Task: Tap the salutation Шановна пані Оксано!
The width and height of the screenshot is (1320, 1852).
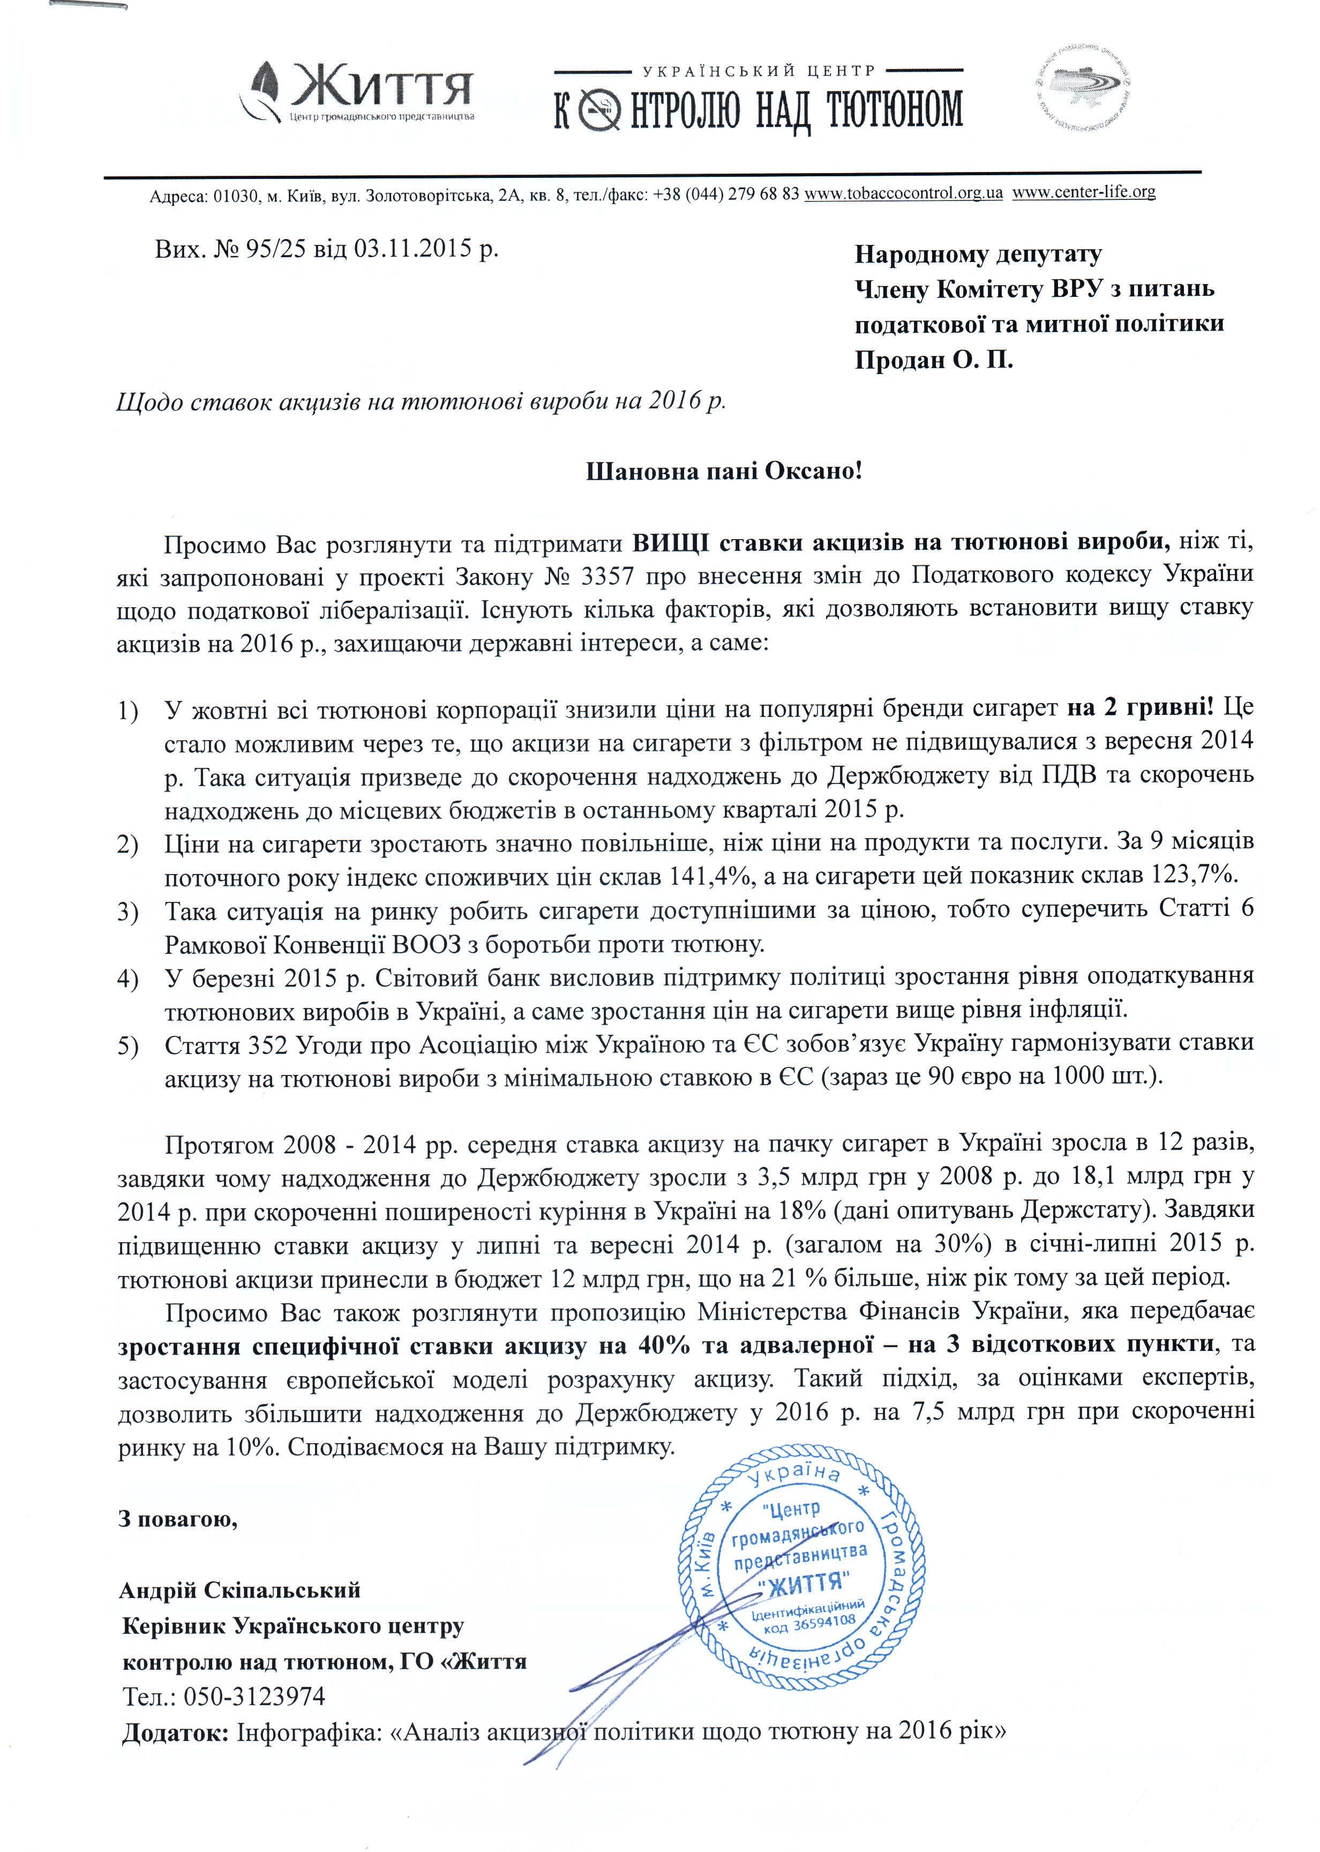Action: pos(723,472)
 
